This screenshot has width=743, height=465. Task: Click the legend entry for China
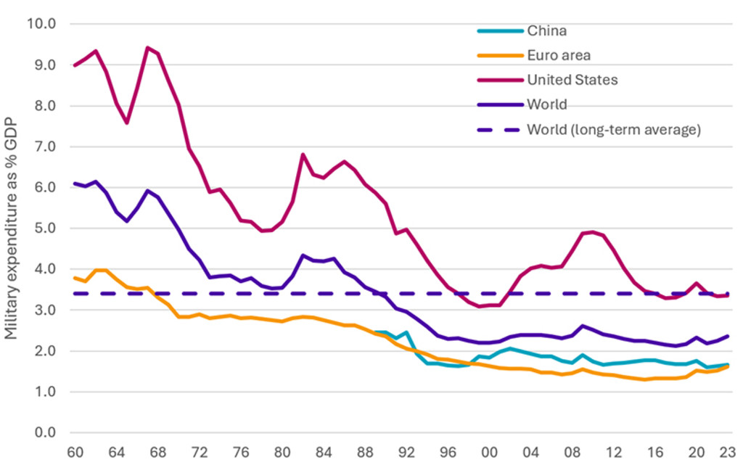(x=546, y=30)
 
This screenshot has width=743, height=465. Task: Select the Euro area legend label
(x=558, y=55)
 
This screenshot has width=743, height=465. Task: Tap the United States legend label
(x=572, y=79)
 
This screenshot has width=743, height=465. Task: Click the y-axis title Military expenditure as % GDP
(x=12, y=229)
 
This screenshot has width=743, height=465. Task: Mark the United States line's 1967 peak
(x=147, y=48)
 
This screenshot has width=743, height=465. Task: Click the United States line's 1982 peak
(x=303, y=154)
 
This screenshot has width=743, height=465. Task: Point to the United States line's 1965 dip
(x=127, y=123)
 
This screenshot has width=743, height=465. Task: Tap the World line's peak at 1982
(x=303, y=255)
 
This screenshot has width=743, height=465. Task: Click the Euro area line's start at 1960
(x=75, y=278)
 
